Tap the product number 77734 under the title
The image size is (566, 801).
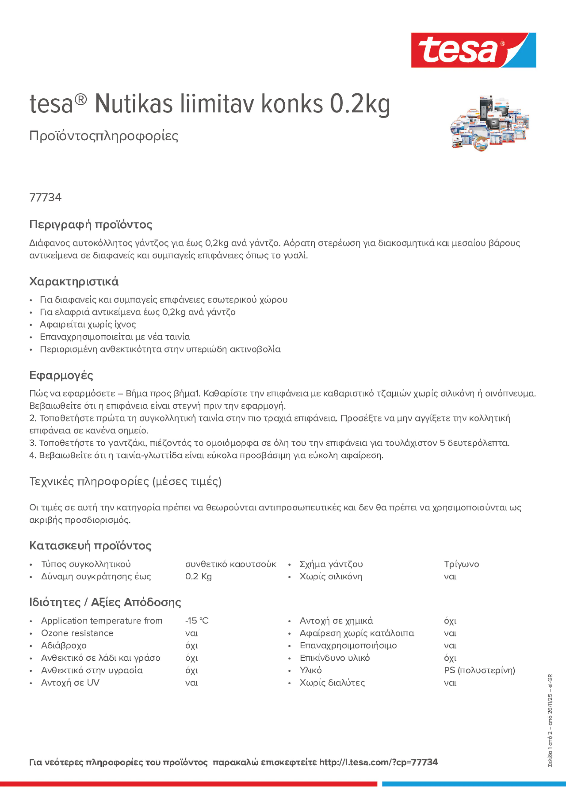tap(45, 197)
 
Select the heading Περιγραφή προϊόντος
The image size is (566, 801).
tap(91, 224)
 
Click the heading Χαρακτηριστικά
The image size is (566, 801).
tap(73, 281)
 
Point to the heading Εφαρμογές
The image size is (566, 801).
tap(61, 375)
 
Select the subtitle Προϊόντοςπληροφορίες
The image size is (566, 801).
tap(104, 136)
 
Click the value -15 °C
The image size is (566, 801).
tap(197, 621)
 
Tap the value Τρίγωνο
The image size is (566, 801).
tap(461, 564)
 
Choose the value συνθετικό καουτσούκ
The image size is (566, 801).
tap(230, 564)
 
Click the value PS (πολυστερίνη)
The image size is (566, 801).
tap(479, 670)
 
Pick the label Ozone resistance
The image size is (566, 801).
tap(77, 633)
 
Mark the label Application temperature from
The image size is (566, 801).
tap(102, 621)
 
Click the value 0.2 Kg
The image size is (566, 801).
tap(198, 576)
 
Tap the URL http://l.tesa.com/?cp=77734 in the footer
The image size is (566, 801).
tap(378, 762)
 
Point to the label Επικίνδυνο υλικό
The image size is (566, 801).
tap(335, 658)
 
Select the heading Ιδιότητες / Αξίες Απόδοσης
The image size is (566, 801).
tap(105, 602)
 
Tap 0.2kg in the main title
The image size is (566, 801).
tap(360, 104)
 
